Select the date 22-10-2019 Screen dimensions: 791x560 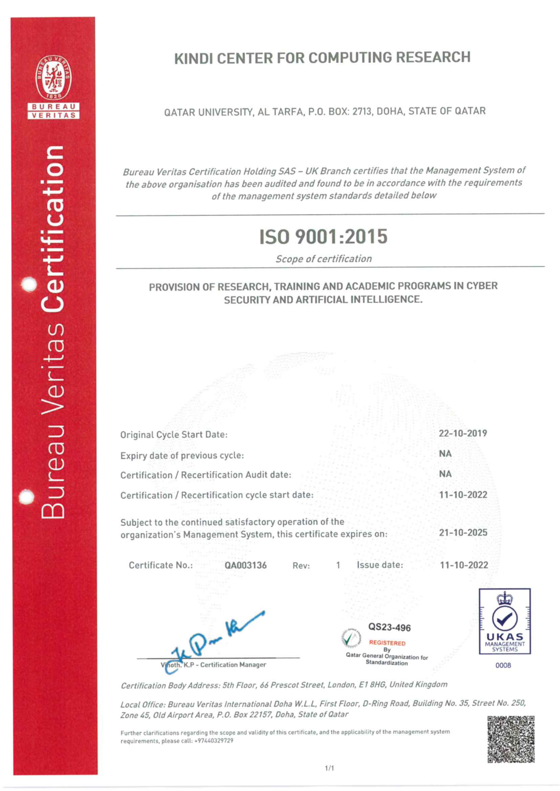click(462, 433)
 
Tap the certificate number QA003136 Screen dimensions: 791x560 click(245, 565)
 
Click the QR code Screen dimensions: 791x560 click(511, 739)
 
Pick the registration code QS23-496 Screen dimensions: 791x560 click(389, 627)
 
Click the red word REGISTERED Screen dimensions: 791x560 click(387, 643)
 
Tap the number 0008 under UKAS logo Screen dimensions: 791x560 click(503, 665)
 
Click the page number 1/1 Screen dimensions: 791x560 click(329, 768)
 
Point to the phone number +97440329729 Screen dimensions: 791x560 click(214, 741)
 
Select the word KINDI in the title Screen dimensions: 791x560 click(193, 59)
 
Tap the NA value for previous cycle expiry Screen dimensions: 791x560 click(445, 454)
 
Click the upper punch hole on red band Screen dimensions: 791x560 click(29, 284)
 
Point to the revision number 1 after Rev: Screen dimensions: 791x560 click(338, 565)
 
